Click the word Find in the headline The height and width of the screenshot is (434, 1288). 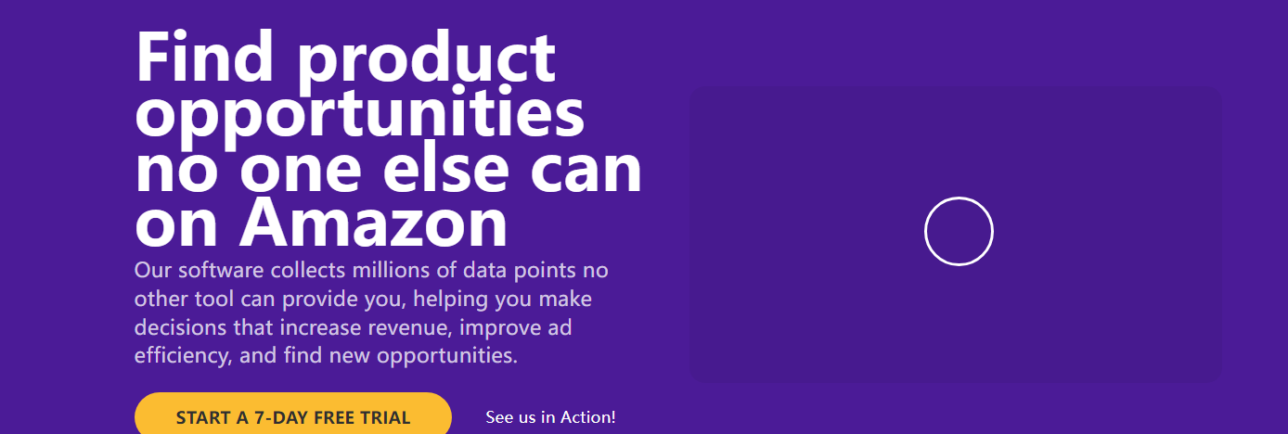click(204, 57)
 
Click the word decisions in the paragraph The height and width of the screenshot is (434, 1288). click(181, 327)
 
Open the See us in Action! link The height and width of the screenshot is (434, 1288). click(550, 417)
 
